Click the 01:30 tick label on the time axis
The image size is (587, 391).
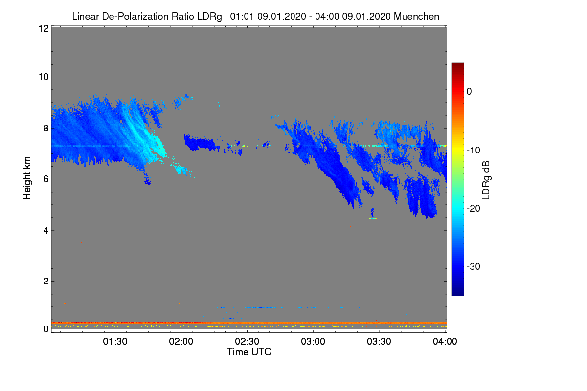coord(115,341)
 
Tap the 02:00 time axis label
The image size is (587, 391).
coord(181,341)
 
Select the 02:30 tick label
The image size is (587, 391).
coord(247,341)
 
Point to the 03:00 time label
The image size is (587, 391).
coord(313,341)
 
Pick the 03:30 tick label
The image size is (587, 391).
coord(379,341)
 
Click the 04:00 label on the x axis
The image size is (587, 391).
coord(445,341)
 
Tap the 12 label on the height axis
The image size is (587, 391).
coord(44,28)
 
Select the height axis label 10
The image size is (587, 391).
coord(44,77)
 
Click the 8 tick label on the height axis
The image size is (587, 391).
coord(46,128)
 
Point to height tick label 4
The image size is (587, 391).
coord(46,231)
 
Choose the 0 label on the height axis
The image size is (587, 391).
coord(46,329)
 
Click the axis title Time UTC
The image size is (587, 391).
coord(249,352)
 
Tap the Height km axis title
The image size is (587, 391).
coord(27,178)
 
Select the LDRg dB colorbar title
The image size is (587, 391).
coord(486,180)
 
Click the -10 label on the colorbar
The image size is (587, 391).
coord(474,151)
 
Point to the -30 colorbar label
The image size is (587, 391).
coord(474,266)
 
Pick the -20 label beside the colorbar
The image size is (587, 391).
coord(474,209)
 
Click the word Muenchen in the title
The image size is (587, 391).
coord(416,16)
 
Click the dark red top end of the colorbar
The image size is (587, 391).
coord(457,64)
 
